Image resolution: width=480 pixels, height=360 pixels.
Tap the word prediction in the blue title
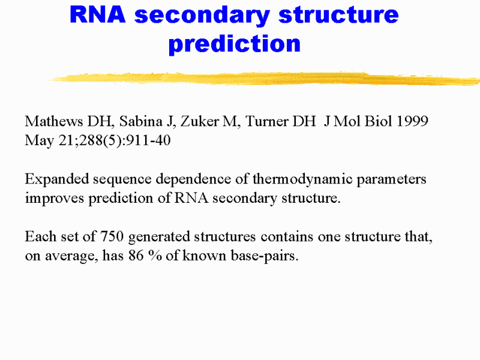pyautogui.click(x=235, y=43)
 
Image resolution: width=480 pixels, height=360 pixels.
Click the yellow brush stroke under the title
pyautogui.click(x=264, y=79)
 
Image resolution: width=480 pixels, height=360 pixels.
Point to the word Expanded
pyautogui.click(x=53, y=179)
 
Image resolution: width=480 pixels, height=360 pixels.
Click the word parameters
pyautogui.click(x=395, y=179)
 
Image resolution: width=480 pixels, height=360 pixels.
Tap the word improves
pyautogui.click(x=53, y=199)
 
